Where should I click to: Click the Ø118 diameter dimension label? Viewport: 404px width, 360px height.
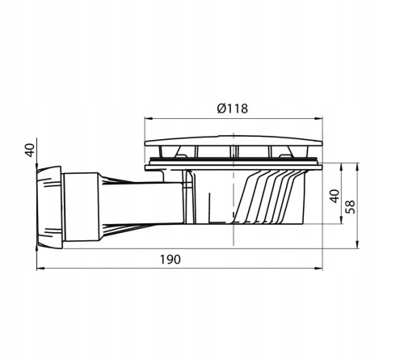(233, 107)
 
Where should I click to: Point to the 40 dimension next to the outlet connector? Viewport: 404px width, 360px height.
(30, 150)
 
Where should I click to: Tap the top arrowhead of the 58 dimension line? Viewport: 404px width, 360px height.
(359, 164)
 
